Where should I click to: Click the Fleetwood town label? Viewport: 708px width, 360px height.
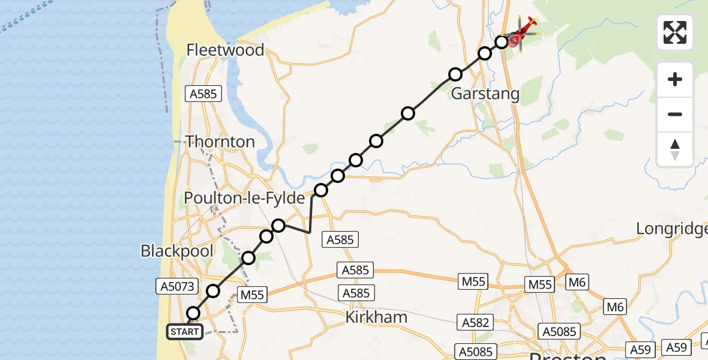click(x=225, y=50)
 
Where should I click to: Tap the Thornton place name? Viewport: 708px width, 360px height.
click(x=220, y=142)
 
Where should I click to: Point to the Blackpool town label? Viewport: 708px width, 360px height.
click(x=177, y=251)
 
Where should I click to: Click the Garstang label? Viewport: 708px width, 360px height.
click(x=485, y=94)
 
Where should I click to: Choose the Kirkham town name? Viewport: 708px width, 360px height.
click(x=376, y=317)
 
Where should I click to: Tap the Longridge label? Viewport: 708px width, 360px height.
click(x=671, y=229)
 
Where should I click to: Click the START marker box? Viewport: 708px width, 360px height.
click(x=184, y=332)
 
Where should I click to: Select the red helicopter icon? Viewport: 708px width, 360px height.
click(x=522, y=34)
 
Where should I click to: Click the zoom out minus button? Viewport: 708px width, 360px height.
click(x=675, y=114)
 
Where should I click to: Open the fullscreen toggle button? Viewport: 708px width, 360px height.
click(x=675, y=32)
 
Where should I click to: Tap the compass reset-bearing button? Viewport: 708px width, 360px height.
click(x=675, y=149)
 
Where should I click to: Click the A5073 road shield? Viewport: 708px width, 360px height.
click(x=177, y=287)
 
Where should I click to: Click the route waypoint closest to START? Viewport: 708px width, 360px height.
click(x=193, y=313)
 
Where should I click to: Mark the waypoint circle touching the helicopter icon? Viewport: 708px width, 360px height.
click(x=502, y=42)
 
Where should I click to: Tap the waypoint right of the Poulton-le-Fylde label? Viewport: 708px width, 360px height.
click(x=321, y=190)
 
